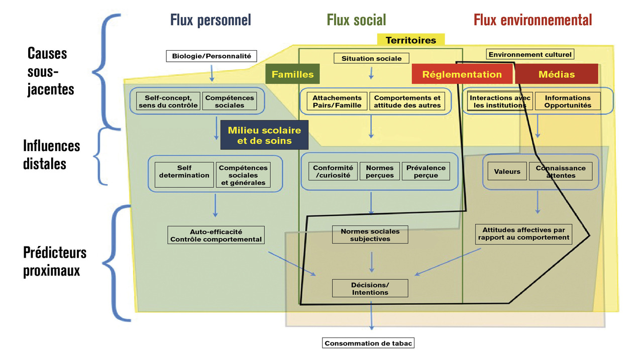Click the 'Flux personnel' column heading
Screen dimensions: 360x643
click(210, 20)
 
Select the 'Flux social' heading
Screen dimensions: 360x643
click(356, 20)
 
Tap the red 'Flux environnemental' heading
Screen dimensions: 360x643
click(532, 20)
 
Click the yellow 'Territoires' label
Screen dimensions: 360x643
click(410, 40)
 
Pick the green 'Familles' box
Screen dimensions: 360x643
click(292, 74)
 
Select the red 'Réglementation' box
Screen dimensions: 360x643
click(462, 74)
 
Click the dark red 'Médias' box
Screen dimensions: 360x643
click(557, 74)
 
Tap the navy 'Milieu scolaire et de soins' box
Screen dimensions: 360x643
click(264, 135)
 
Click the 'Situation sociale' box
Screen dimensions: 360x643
click(372, 58)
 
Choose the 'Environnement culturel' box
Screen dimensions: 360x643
click(530, 54)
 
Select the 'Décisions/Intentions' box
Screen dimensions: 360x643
click(370, 288)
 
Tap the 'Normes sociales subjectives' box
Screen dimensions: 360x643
click(370, 235)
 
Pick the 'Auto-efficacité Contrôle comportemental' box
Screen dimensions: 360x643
click(216, 235)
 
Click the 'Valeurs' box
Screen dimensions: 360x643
click(507, 171)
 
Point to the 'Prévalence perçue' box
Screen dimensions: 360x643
click(426, 172)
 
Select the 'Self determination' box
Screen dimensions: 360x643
click(184, 172)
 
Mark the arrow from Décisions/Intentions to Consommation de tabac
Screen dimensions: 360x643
click(372, 315)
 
